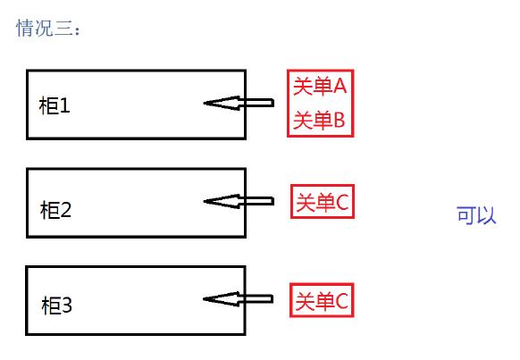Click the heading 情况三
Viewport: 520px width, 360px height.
point(48,29)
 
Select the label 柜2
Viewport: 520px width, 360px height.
point(55,211)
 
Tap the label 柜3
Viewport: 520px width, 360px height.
point(55,306)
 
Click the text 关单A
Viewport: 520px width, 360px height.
point(320,87)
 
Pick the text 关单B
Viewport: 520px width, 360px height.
point(320,120)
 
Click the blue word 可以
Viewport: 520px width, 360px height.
point(476,215)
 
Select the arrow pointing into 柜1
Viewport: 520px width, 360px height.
point(239,104)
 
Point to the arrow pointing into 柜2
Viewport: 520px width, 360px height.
point(239,201)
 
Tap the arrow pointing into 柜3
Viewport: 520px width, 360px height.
point(239,299)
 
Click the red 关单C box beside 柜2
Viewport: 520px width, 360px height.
point(323,203)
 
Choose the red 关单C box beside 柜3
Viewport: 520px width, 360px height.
point(323,301)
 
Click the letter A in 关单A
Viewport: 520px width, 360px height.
point(339,87)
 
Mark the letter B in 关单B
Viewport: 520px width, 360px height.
point(339,120)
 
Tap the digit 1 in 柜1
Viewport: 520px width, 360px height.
point(64,106)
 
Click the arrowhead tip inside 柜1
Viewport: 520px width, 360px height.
point(206,104)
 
